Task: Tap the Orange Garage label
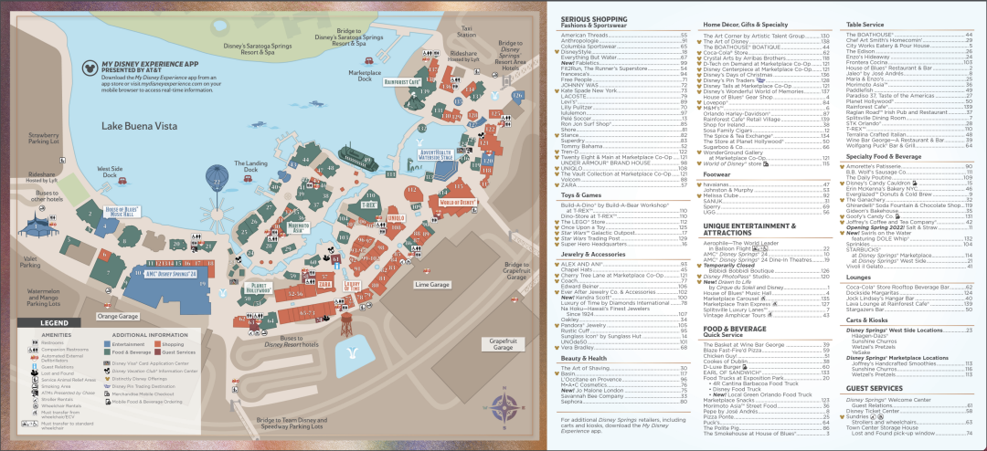pyautogui.click(x=116, y=316)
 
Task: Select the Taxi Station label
pyautogui.click(x=467, y=30)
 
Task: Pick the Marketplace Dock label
pyautogui.click(x=365, y=76)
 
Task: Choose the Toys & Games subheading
pyautogui.click(x=579, y=194)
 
